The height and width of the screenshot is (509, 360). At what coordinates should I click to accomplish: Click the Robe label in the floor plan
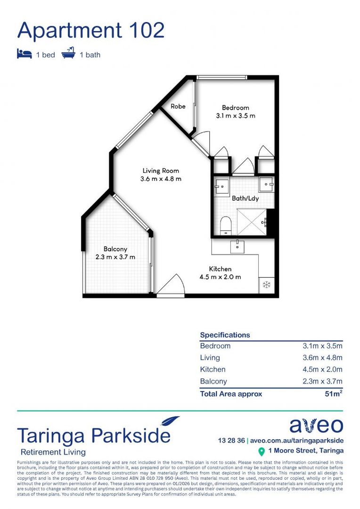click(x=178, y=107)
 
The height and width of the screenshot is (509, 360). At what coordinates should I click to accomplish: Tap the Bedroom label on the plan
click(x=236, y=108)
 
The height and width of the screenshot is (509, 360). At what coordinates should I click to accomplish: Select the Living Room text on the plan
click(x=161, y=171)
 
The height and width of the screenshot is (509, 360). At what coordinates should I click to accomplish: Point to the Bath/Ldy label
click(x=245, y=198)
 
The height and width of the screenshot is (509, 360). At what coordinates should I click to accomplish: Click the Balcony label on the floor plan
click(x=115, y=249)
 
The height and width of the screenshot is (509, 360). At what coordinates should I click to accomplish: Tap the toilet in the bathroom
click(x=226, y=225)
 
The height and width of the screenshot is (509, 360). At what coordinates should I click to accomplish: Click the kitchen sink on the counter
click(x=237, y=246)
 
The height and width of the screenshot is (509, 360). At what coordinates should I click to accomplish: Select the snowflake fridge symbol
click(x=265, y=285)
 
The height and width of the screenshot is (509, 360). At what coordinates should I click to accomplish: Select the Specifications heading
click(x=225, y=335)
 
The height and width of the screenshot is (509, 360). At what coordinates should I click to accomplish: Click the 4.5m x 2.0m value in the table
click(x=322, y=369)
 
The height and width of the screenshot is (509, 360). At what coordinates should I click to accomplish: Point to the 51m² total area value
click(x=333, y=394)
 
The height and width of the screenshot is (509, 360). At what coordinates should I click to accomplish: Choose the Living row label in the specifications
click(x=210, y=358)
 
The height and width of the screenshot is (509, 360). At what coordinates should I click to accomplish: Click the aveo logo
click(x=316, y=426)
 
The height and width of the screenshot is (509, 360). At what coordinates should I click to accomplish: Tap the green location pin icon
click(x=262, y=452)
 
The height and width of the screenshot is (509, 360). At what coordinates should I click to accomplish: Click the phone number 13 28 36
click(x=231, y=441)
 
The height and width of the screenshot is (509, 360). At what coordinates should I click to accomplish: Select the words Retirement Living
click(x=51, y=452)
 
